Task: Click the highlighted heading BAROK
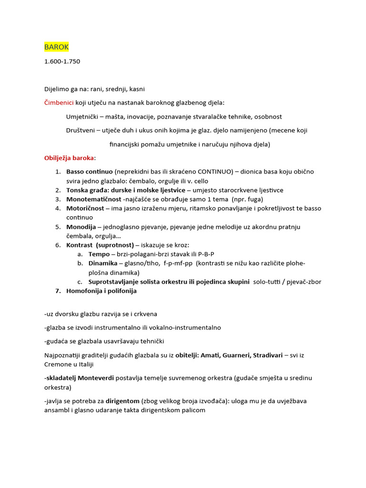coord(57,47)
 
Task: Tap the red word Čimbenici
coord(59,102)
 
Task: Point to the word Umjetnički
coord(82,116)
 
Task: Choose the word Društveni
coord(81,130)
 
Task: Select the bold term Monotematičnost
coord(93,199)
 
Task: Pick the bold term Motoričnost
coord(86,208)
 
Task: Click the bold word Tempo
coord(99,254)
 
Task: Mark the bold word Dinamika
coord(103,264)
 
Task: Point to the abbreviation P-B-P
coord(206,254)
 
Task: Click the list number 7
coord(58,291)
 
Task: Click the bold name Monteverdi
coord(97,378)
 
